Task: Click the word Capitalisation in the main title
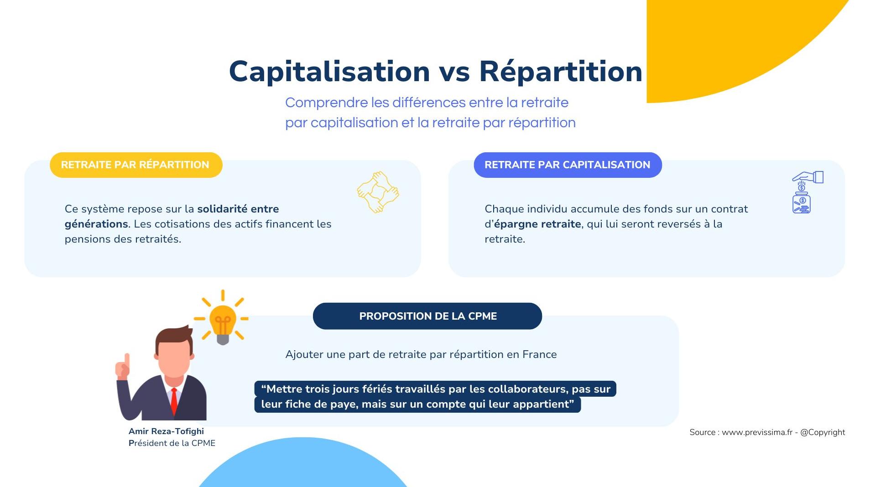(329, 72)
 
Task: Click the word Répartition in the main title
(561, 72)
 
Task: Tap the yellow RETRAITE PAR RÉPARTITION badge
(136, 165)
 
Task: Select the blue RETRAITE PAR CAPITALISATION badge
(568, 165)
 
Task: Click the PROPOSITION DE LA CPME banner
(427, 316)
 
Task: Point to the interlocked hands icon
(378, 192)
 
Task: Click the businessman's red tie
(174, 400)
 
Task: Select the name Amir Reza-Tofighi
(166, 431)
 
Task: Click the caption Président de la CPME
(172, 443)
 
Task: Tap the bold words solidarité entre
(238, 209)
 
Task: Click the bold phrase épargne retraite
(537, 224)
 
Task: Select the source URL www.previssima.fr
(757, 432)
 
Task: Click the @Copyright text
(823, 432)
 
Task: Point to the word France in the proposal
(540, 354)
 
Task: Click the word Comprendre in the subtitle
(326, 103)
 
